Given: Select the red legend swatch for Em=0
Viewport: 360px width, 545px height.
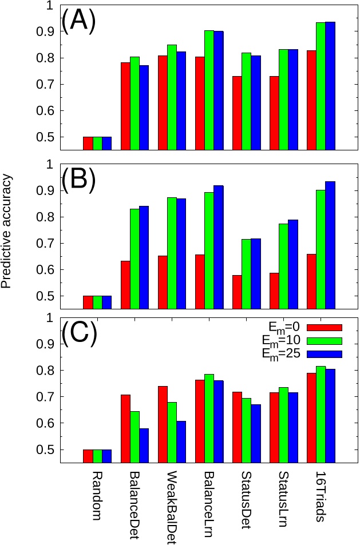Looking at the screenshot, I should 325,328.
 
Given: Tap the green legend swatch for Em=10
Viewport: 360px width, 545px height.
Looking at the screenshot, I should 325,341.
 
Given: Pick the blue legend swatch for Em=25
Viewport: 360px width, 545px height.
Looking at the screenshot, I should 325,354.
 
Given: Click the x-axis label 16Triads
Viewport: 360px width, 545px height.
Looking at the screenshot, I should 321,497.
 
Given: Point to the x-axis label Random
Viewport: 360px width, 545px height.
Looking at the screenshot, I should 97,495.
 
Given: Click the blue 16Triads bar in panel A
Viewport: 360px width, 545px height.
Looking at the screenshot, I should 330,86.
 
